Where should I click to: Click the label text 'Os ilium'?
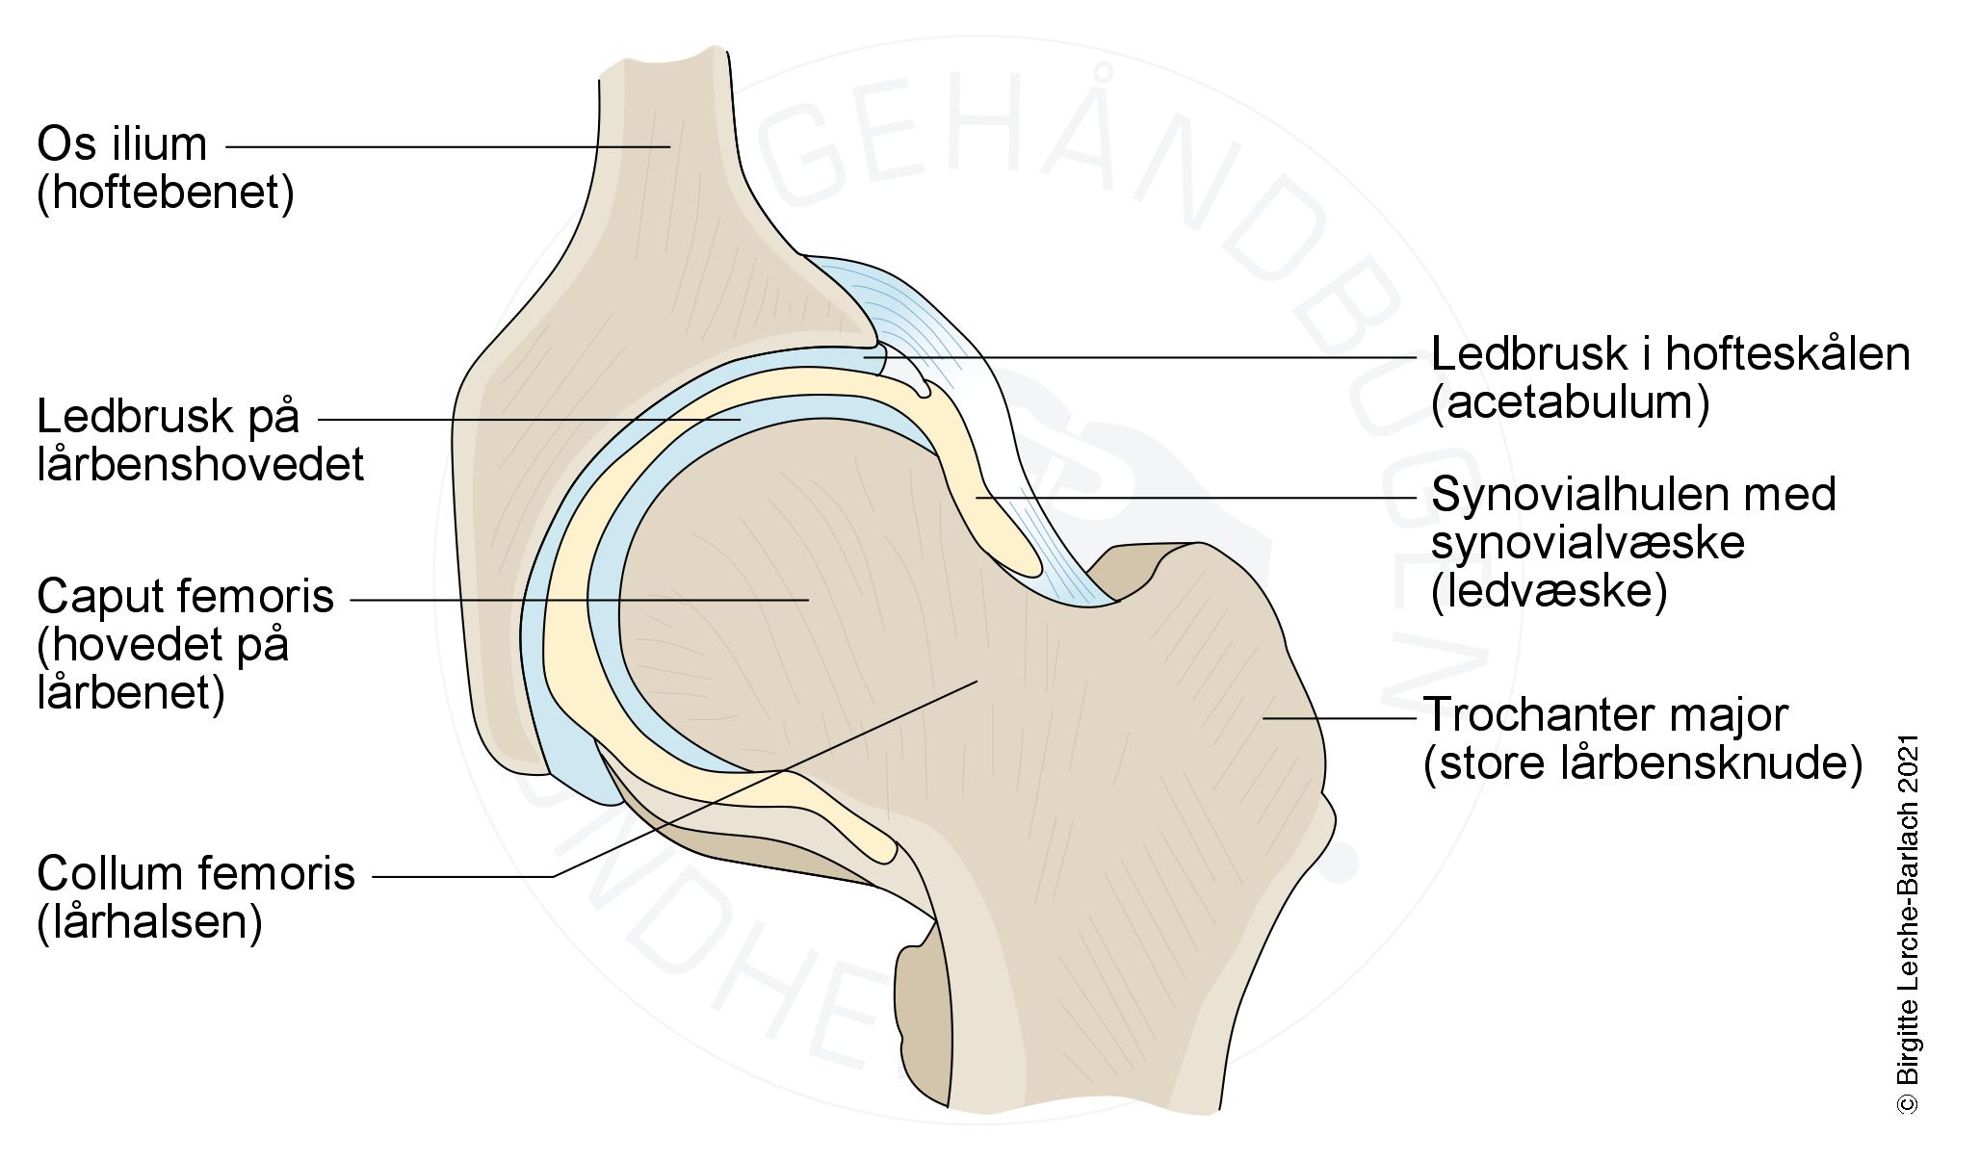pyautogui.click(x=122, y=145)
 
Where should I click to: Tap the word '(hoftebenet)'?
pyautogui.click(x=166, y=193)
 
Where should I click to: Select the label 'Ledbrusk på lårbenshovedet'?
pyautogui.click(x=200, y=441)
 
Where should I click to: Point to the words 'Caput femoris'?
pyautogui.click(x=185, y=597)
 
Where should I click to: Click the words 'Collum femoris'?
pyautogui.click(x=195, y=874)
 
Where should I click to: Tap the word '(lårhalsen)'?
pyautogui.click(x=149, y=922)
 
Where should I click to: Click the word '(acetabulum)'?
pyautogui.click(x=1571, y=402)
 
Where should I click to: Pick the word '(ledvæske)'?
pyautogui.click(x=1549, y=590)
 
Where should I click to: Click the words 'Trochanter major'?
pyautogui.click(x=1605, y=715)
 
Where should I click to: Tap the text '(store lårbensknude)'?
pyautogui.click(x=1643, y=763)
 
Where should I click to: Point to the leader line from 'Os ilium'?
pyautogui.click(x=448, y=147)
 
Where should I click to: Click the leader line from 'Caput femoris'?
pyautogui.click(x=578, y=600)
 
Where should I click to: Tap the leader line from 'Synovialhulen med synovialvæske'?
pyautogui.click(x=1194, y=498)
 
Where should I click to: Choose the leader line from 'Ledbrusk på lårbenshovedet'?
pyautogui.click(x=530, y=420)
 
